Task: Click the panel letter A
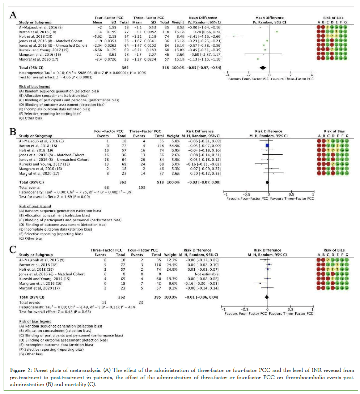pos(13,16)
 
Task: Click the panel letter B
pos(13,130)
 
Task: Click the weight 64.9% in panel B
pos(175,145)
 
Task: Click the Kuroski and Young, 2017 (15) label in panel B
pos(41,164)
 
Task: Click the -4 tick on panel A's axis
pos(227,74)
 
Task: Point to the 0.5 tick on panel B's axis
pos(292,194)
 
